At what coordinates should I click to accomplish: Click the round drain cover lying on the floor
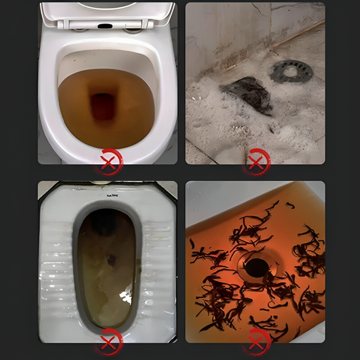point(291,71)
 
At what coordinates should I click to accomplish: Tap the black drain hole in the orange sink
point(257,267)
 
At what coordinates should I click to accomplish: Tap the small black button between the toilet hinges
point(105,25)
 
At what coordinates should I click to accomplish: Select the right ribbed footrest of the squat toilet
point(158,269)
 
